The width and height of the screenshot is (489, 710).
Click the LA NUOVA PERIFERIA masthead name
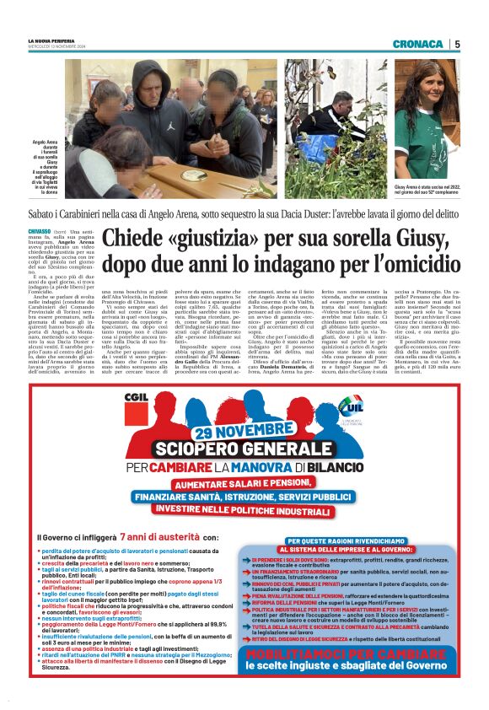(51, 40)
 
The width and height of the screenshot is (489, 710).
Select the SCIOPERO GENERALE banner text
(243, 449)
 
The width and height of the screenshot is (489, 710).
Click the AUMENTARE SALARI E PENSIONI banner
(244, 484)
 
